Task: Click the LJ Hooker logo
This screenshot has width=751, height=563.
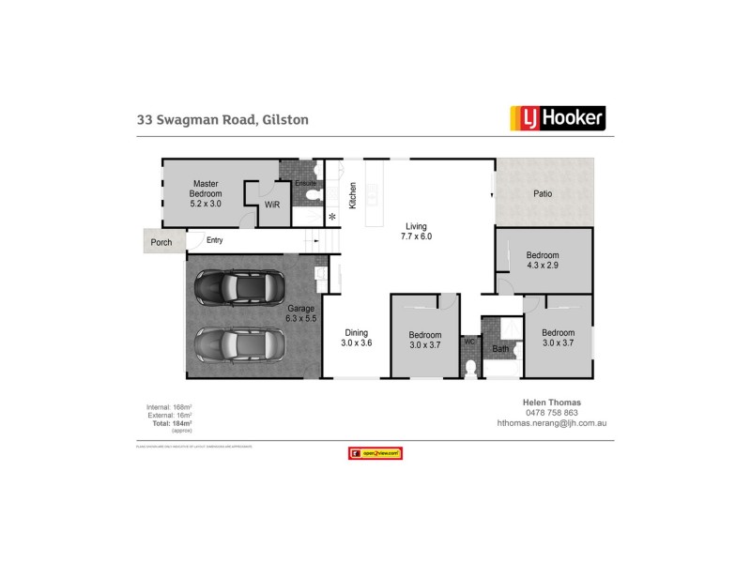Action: pyautogui.click(x=558, y=117)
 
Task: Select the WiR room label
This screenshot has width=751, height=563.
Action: pyautogui.click(x=272, y=204)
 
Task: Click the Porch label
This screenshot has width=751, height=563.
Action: pyautogui.click(x=161, y=242)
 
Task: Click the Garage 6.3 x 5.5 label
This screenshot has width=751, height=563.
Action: pyautogui.click(x=300, y=313)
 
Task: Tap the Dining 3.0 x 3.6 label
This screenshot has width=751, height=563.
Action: pyautogui.click(x=356, y=338)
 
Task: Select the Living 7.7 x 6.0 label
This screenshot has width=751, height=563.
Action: pyautogui.click(x=417, y=232)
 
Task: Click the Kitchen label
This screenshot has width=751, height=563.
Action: pyautogui.click(x=353, y=194)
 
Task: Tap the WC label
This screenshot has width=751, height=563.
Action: pyautogui.click(x=469, y=342)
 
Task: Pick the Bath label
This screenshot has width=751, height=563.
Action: pyautogui.click(x=500, y=350)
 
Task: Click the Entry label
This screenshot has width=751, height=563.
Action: pyautogui.click(x=215, y=241)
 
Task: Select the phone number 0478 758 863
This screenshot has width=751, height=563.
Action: pyautogui.click(x=550, y=412)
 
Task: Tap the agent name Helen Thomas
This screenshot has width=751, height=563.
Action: pyautogui.click(x=550, y=402)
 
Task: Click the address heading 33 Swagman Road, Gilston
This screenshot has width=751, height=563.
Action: pyautogui.click(x=222, y=120)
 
